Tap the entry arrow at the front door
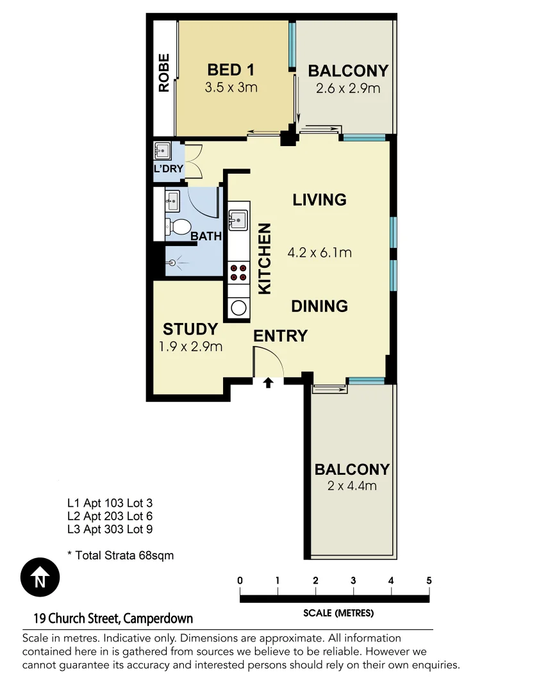click(269, 383)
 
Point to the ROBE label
click(164, 72)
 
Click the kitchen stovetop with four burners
click(239, 273)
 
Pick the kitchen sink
click(238, 219)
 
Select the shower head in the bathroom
click(172, 263)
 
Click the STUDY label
click(190, 329)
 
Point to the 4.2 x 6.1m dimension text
click(319, 252)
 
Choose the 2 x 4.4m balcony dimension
click(352, 486)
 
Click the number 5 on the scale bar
click(429, 581)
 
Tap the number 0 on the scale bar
click(240, 581)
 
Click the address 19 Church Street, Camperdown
click(113, 619)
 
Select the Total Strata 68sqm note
click(120, 556)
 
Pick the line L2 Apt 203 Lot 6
click(110, 516)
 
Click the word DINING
click(319, 306)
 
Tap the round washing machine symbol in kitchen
click(239, 308)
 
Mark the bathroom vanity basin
click(172, 202)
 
